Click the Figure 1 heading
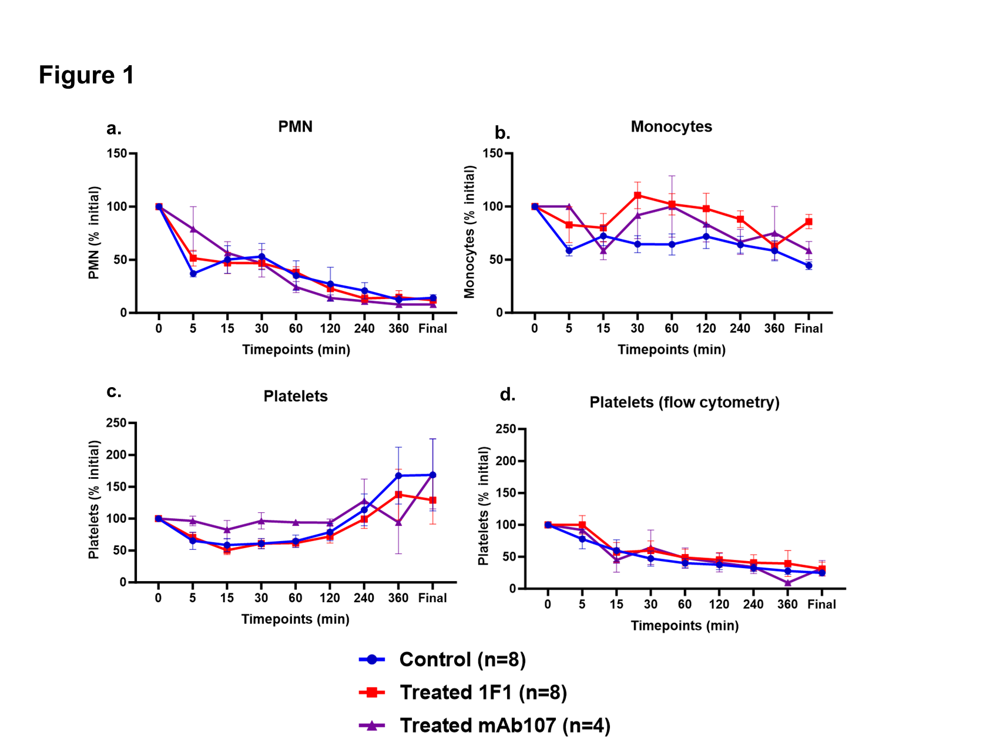[86, 75]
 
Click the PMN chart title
[295, 126]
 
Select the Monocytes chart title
[671, 126]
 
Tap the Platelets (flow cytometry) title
[685, 402]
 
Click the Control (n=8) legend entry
[462, 659]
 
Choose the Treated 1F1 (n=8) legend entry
[483, 692]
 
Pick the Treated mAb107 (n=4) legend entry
[505, 726]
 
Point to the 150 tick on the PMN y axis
[116, 153]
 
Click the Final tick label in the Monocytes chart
[808, 328]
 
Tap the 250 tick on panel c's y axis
[116, 423]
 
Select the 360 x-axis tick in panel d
[787, 605]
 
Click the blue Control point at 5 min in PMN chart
[193, 273]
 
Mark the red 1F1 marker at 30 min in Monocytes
[638, 196]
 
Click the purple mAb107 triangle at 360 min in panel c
[398, 522]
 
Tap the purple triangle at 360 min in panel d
[787, 583]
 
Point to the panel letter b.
[502, 133]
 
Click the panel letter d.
[507, 395]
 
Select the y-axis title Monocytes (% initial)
[469, 232]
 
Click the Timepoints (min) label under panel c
[295, 619]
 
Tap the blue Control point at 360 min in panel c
[398, 475]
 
